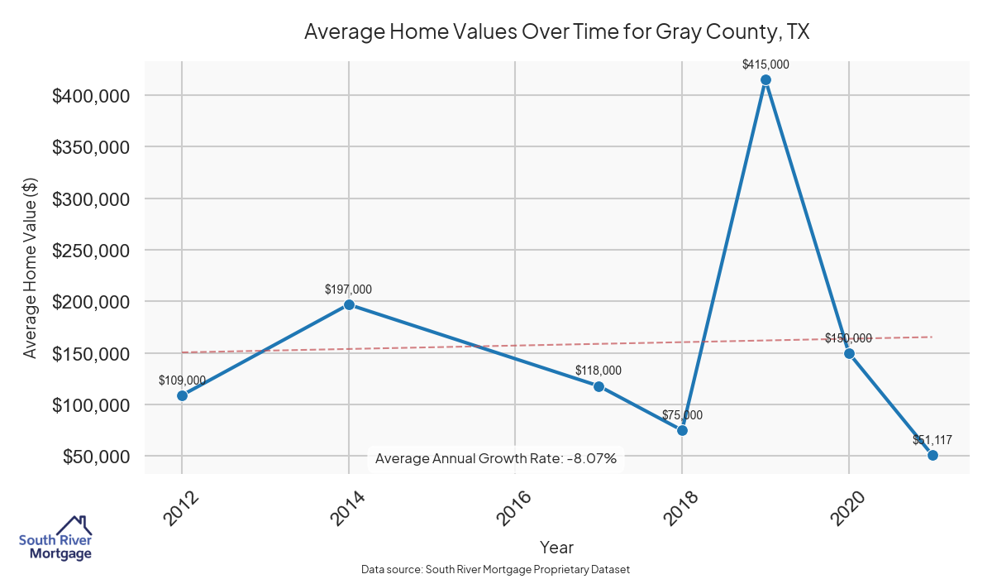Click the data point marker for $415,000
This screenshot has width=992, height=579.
point(765,80)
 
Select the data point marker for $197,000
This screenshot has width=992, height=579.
point(349,304)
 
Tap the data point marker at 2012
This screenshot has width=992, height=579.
point(182,395)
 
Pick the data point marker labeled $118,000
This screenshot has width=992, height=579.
point(599,386)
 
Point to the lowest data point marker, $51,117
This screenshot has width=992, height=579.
point(932,455)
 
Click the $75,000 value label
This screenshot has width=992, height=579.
point(682,415)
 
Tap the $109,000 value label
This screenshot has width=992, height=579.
point(182,380)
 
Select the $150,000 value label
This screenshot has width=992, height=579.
point(848,338)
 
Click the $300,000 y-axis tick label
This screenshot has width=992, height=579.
point(91,199)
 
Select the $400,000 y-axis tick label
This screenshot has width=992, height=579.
point(91,96)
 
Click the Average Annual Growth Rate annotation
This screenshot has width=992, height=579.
point(496,458)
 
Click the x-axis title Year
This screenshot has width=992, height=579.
point(556,547)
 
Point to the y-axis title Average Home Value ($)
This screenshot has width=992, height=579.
point(31,268)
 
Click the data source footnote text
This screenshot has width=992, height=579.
point(496,569)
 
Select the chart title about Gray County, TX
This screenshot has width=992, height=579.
point(556,31)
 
